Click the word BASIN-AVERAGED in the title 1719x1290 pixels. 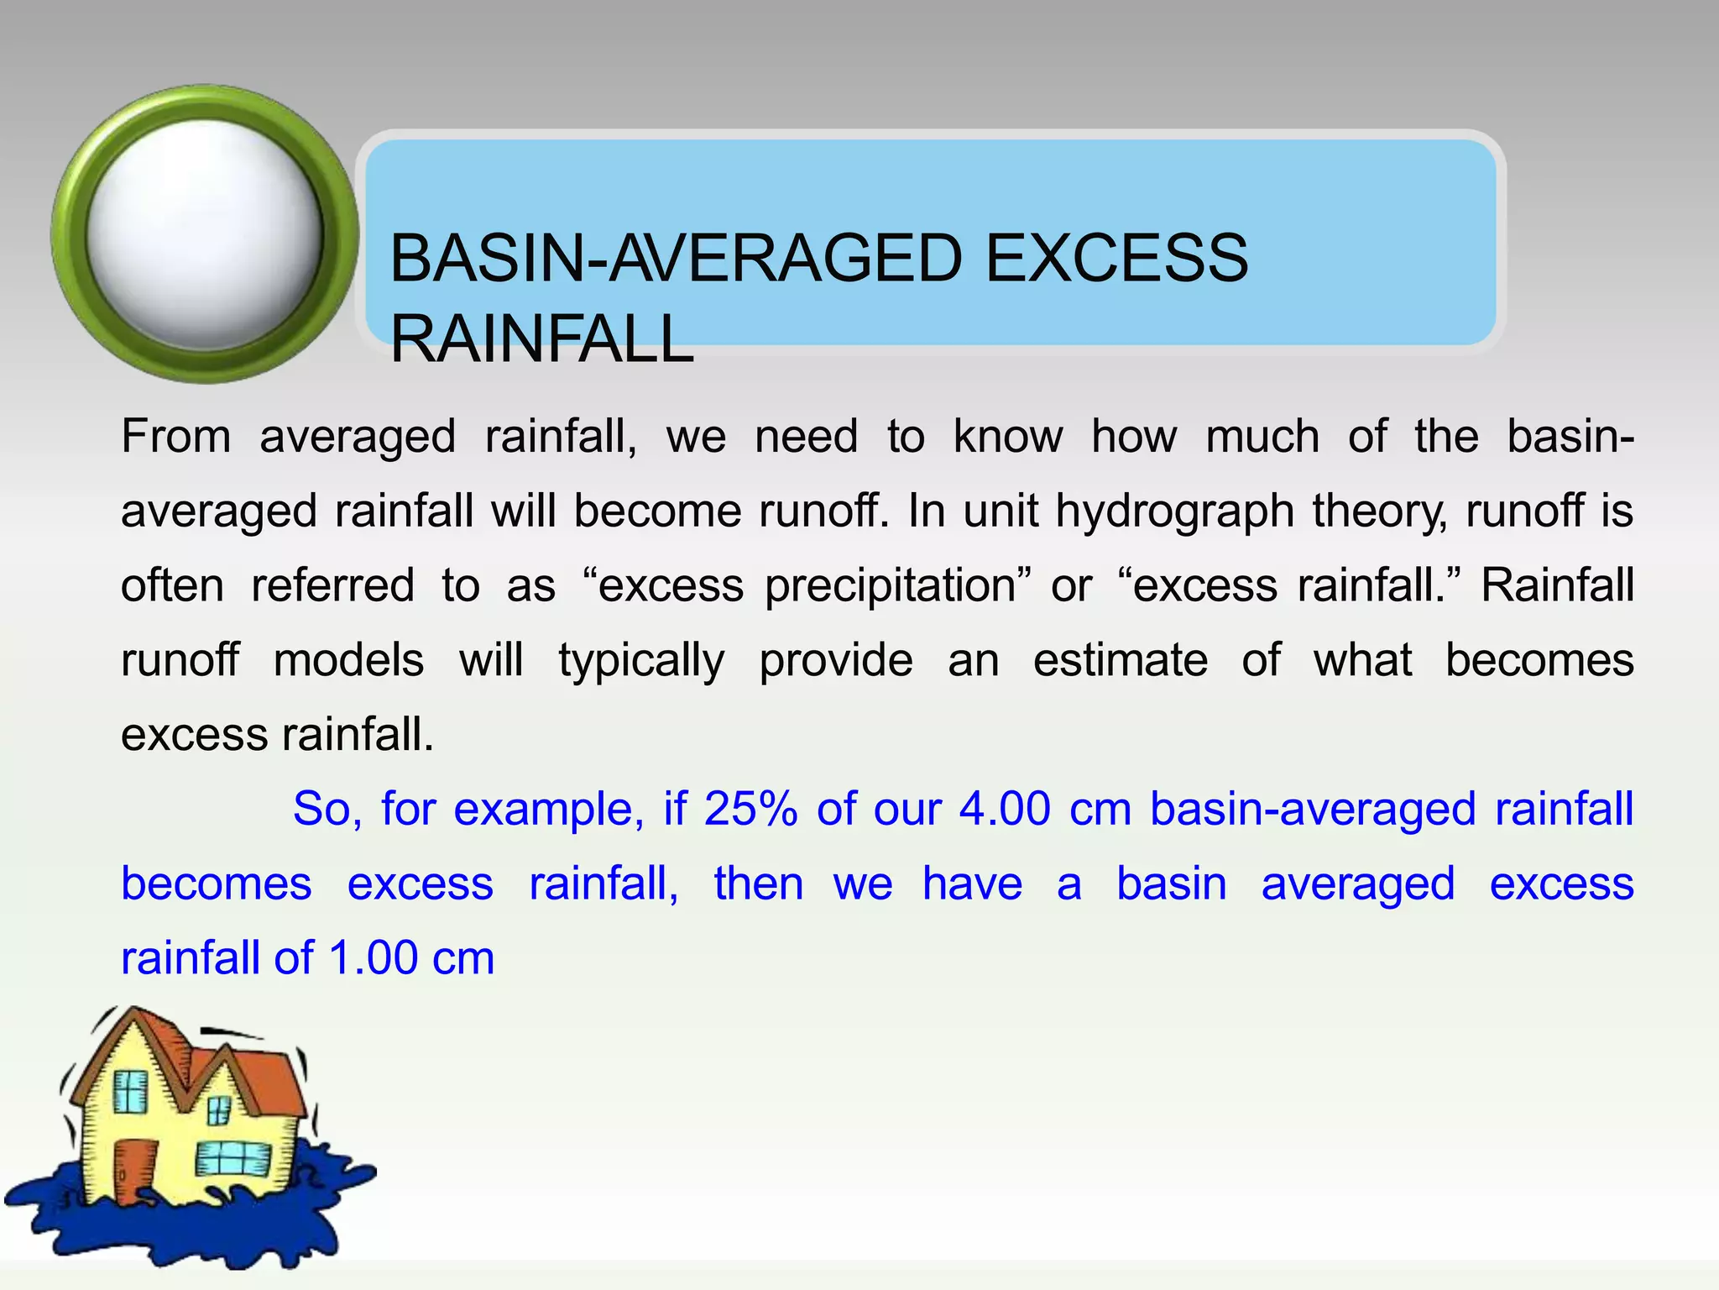[676, 259]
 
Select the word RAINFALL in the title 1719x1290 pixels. [542, 338]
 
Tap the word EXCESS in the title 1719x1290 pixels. [1116, 259]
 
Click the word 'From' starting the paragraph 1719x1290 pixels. [176, 437]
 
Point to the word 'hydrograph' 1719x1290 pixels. [1174, 511]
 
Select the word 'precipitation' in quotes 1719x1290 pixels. [891, 585]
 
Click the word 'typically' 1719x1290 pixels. [641, 660]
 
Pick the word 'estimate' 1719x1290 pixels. [1120, 660]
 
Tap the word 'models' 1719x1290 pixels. [348, 660]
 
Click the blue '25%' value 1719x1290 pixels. [750, 809]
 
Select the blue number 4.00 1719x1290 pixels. [1005, 809]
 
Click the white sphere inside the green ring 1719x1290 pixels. [205, 233]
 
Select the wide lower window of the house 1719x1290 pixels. [233, 1160]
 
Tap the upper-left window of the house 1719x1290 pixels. [130, 1092]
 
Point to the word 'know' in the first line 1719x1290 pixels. [1007, 437]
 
